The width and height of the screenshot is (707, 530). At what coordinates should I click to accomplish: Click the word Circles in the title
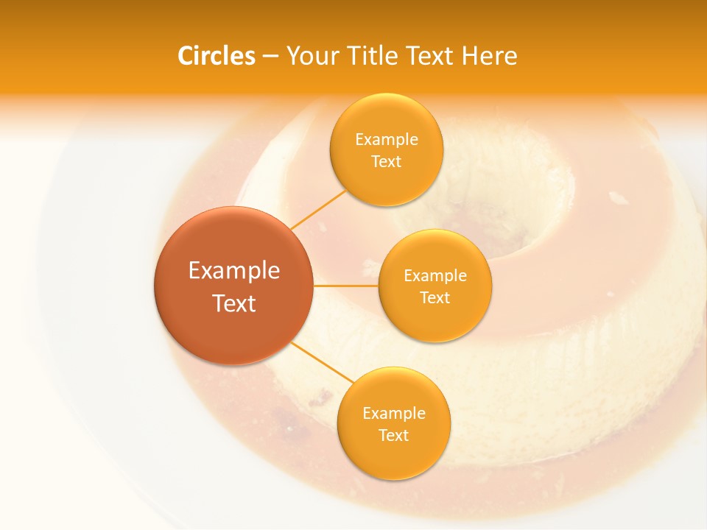(x=217, y=56)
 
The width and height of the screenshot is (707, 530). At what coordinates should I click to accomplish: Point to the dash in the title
(x=270, y=57)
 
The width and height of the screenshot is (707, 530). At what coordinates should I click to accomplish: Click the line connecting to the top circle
(x=319, y=209)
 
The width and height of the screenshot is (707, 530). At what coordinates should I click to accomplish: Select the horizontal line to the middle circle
(x=345, y=286)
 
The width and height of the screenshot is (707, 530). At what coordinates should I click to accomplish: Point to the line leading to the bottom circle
(x=321, y=362)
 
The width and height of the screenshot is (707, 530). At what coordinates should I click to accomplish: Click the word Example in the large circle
(x=234, y=271)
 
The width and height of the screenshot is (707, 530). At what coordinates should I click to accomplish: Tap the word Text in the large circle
(x=234, y=303)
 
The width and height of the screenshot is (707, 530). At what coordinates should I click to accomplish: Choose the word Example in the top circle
(x=386, y=140)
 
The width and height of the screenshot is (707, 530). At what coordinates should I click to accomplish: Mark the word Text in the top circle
(x=386, y=161)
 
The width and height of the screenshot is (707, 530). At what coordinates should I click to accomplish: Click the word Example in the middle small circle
(x=435, y=276)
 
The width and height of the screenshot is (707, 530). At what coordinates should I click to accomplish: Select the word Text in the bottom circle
(x=393, y=435)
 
